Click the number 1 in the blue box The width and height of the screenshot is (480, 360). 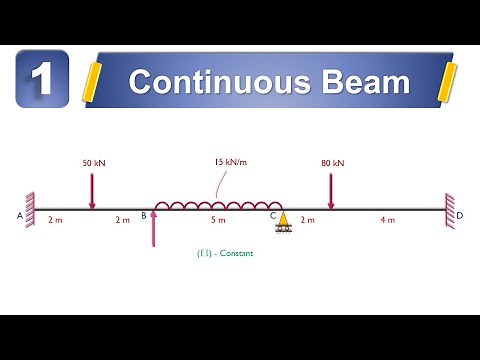(42, 79)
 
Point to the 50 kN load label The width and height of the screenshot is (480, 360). (91, 161)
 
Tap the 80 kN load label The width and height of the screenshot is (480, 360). (331, 161)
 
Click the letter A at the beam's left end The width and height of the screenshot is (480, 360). (21, 215)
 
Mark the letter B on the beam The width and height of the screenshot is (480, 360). (144, 215)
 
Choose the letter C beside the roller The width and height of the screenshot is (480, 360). (272, 215)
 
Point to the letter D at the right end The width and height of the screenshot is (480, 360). (459, 215)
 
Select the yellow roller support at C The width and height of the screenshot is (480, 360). (283, 221)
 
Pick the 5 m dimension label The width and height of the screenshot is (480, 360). (218, 219)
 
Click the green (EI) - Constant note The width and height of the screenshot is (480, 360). (226, 253)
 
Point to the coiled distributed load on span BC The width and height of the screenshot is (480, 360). (216, 205)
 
